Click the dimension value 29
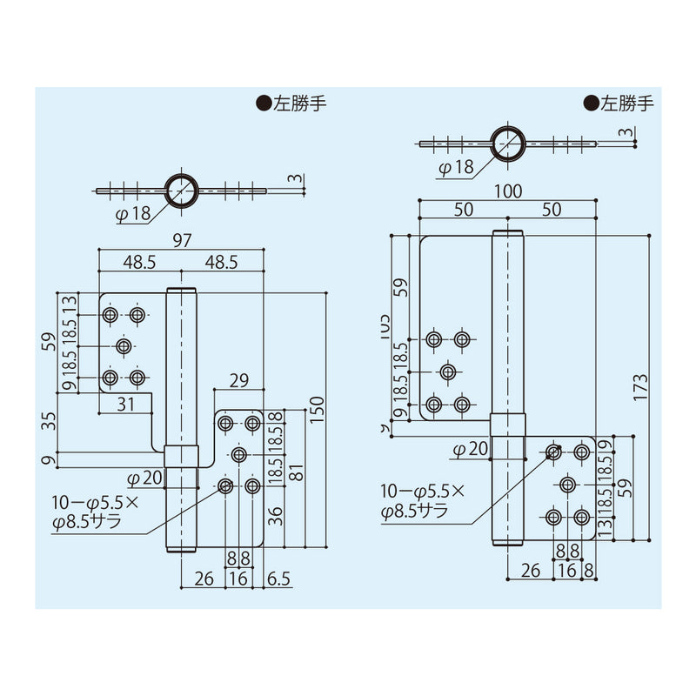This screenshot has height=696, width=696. click(240, 380)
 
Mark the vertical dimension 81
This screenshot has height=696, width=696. click(295, 475)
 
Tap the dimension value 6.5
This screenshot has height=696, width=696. click(280, 577)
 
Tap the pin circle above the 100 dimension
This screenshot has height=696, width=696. click(506, 143)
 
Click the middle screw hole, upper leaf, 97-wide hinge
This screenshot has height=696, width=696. click(124, 346)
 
